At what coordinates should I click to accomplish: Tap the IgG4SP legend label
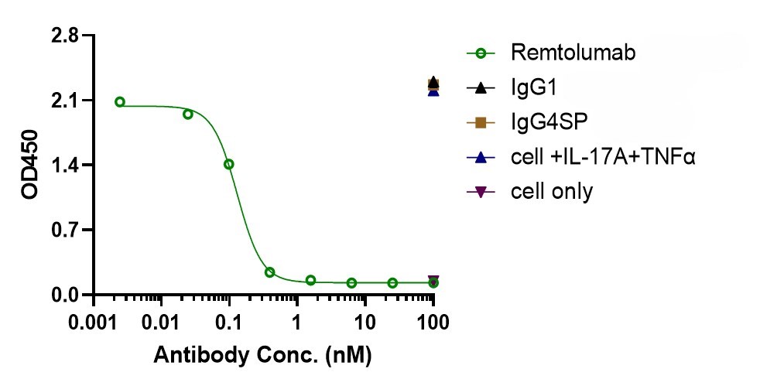[x=549, y=122]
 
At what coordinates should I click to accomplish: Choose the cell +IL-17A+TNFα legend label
[x=603, y=157]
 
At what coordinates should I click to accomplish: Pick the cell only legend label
[x=552, y=192]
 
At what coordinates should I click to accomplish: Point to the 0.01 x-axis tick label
[x=162, y=322]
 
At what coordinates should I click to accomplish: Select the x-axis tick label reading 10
[x=365, y=322]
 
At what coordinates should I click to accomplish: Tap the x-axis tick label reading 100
[x=433, y=322]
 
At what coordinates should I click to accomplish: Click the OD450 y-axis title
[x=29, y=165]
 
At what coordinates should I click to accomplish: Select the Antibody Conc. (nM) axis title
[x=262, y=356]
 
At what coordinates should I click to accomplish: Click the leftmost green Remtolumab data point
[x=120, y=101]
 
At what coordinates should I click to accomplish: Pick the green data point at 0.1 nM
[x=229, y=164]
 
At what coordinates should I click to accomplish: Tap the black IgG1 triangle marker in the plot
[x=433, y=82]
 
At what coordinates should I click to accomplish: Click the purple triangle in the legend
[x=481, y=193]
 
